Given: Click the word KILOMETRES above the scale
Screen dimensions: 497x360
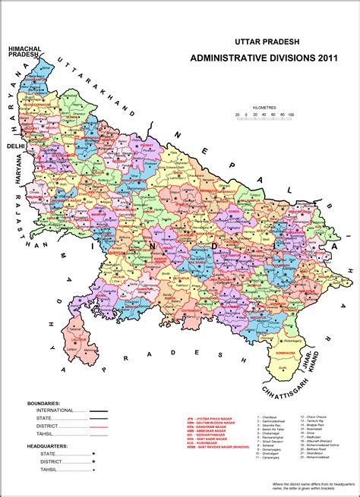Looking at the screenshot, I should (x=266, y=108).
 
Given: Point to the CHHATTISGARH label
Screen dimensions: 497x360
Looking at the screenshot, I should (x=288, y=370).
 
